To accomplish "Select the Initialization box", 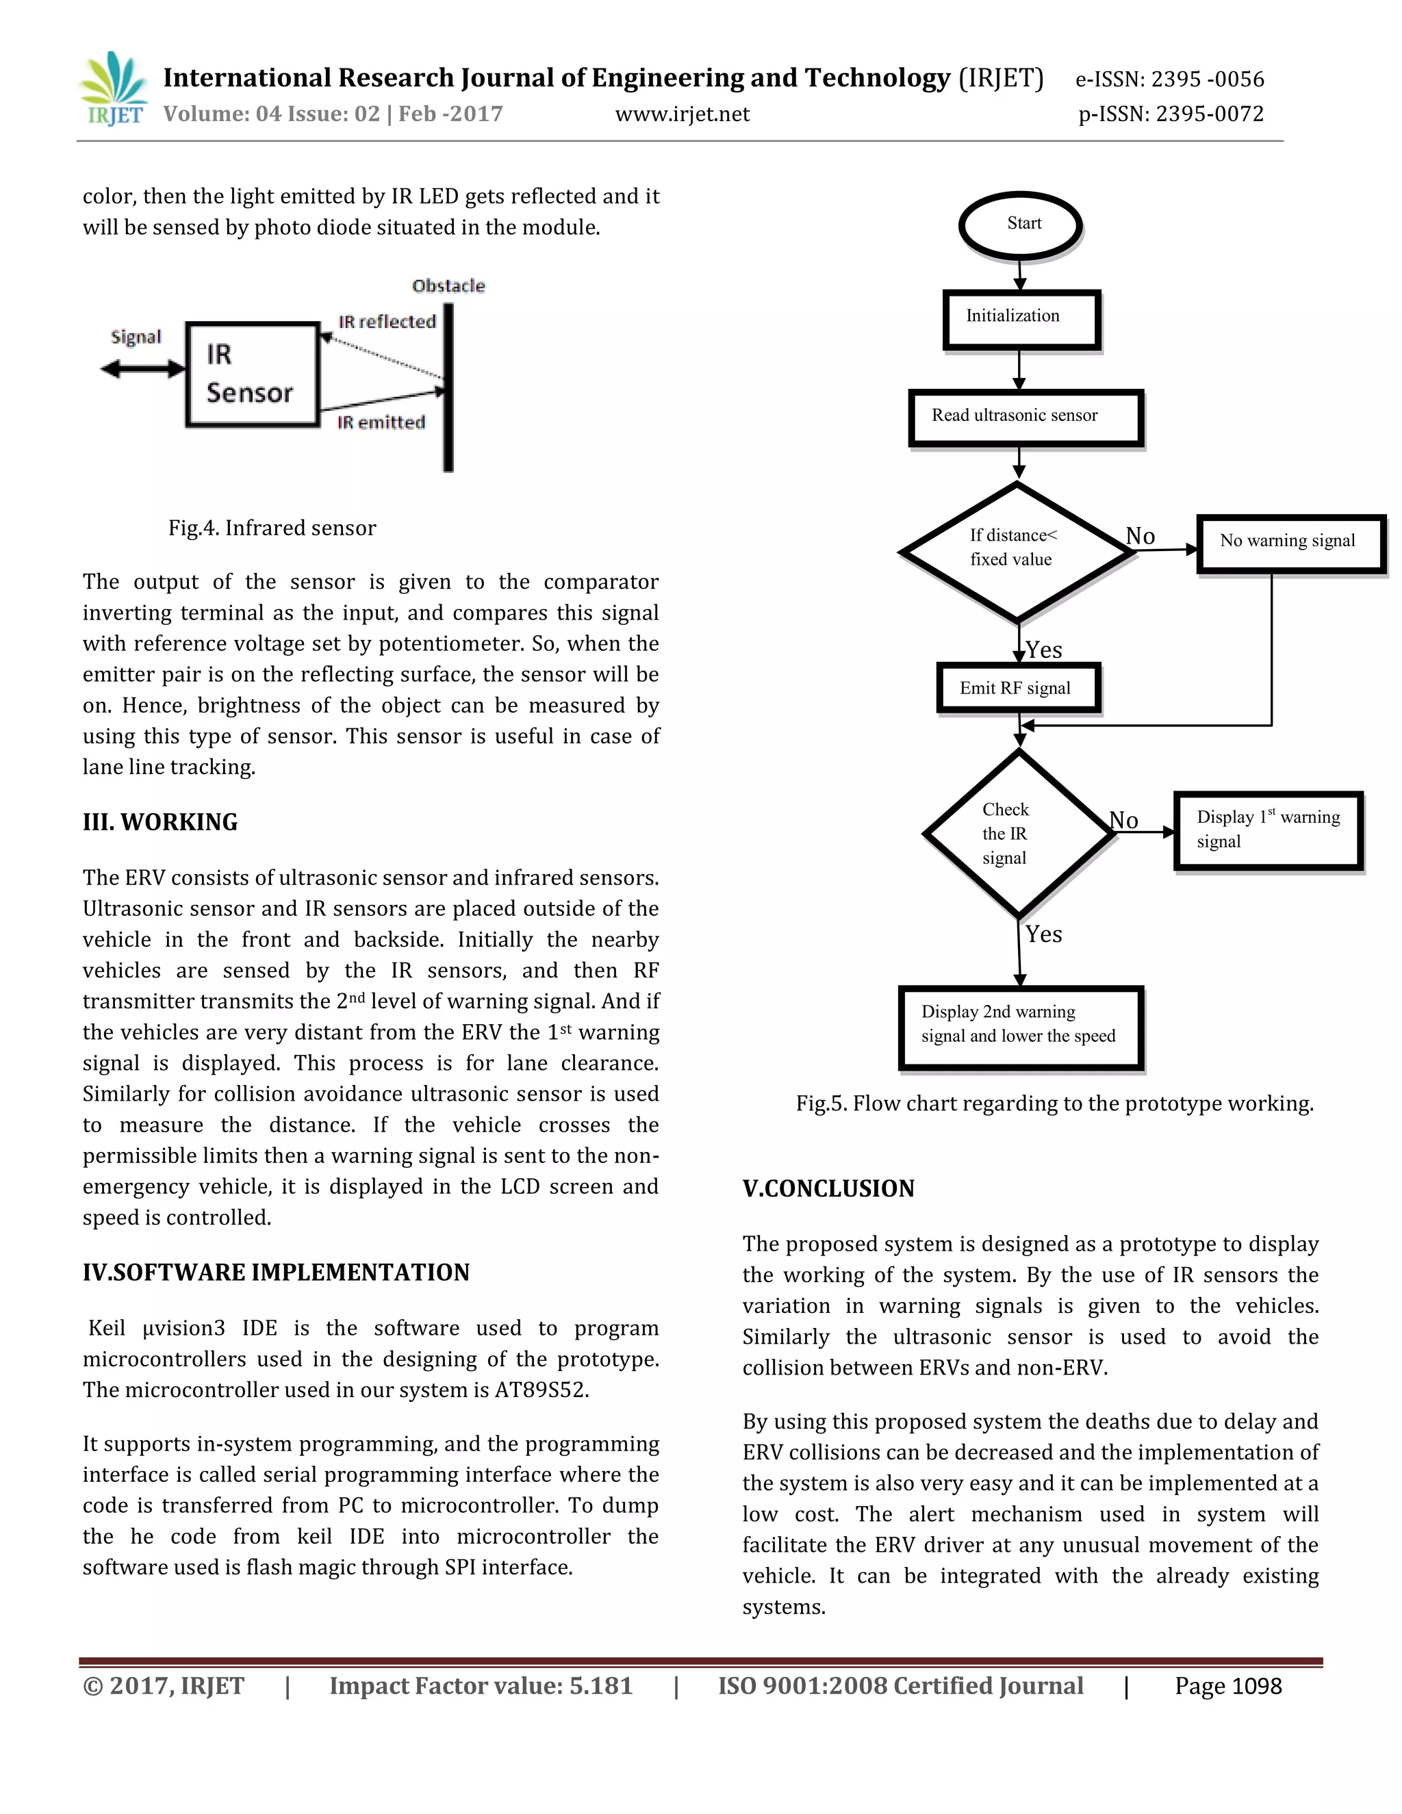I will [1021, 319].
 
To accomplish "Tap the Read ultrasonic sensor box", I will [1025, 417].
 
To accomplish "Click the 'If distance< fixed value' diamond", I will [1016, 550].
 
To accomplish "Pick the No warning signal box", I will [1290, 544].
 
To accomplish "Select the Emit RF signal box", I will [1017, 688].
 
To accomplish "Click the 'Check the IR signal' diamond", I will [1017, 833].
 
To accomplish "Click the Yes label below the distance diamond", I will [1044, 650].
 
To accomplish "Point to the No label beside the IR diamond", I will [1124, 820].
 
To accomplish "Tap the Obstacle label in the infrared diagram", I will [448, 285].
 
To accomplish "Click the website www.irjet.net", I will [682, 114].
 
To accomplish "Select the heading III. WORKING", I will [160, 821].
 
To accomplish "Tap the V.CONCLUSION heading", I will [828, 1188].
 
